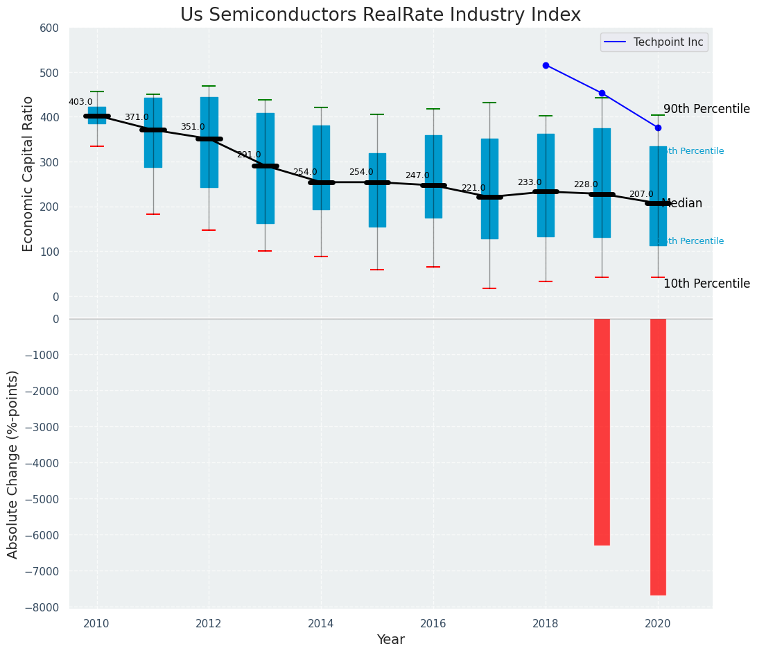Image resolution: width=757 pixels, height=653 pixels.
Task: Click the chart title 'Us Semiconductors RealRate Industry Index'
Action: point(381,15)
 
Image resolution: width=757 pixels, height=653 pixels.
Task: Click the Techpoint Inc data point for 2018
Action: point(546,65)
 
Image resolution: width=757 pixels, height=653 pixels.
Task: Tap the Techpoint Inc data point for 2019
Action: point(602,93)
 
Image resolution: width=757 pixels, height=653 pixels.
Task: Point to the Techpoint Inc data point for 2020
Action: point(658,128)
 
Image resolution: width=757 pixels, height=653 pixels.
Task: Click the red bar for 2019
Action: point(602,431)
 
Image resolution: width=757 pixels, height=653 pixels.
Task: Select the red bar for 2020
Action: point(658,456)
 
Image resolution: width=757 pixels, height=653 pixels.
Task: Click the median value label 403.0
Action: point(80,102)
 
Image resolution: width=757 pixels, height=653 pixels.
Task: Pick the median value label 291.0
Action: point(249,155)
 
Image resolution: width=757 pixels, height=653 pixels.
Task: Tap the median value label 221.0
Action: point(473,188)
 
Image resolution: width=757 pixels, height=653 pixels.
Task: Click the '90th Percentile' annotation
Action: point(706,109)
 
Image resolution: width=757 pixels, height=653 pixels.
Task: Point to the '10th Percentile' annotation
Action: point(706,284)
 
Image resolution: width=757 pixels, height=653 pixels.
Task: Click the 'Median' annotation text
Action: point(682,203)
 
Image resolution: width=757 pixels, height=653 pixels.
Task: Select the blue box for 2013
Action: point(265,168)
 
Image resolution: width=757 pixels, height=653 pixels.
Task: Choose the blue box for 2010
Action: point(97,115)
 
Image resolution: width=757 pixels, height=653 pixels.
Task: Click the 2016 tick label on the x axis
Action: point(433,624)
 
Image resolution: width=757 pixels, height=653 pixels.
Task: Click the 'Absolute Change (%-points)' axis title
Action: point(14,464)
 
